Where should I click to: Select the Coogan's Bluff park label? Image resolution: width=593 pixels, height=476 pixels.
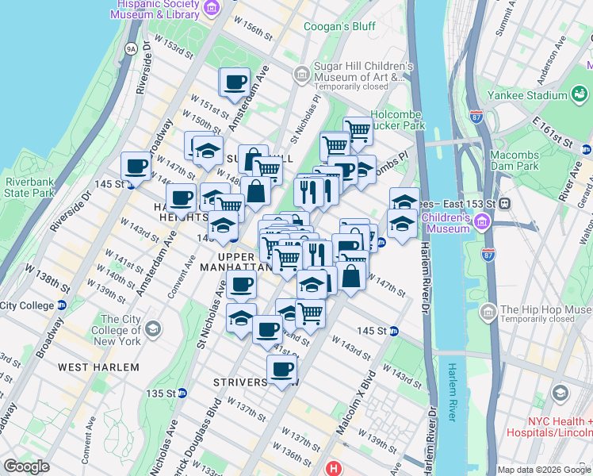point(340,27)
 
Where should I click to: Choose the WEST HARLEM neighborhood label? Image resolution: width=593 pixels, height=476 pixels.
point(98,367)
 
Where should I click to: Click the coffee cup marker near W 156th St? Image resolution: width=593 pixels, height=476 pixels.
point(235,82)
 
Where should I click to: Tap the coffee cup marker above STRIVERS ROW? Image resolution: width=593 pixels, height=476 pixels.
point(281,369)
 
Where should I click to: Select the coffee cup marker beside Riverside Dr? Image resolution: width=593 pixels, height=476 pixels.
point(136,167)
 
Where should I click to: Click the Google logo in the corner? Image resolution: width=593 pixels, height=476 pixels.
point(27,466)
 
